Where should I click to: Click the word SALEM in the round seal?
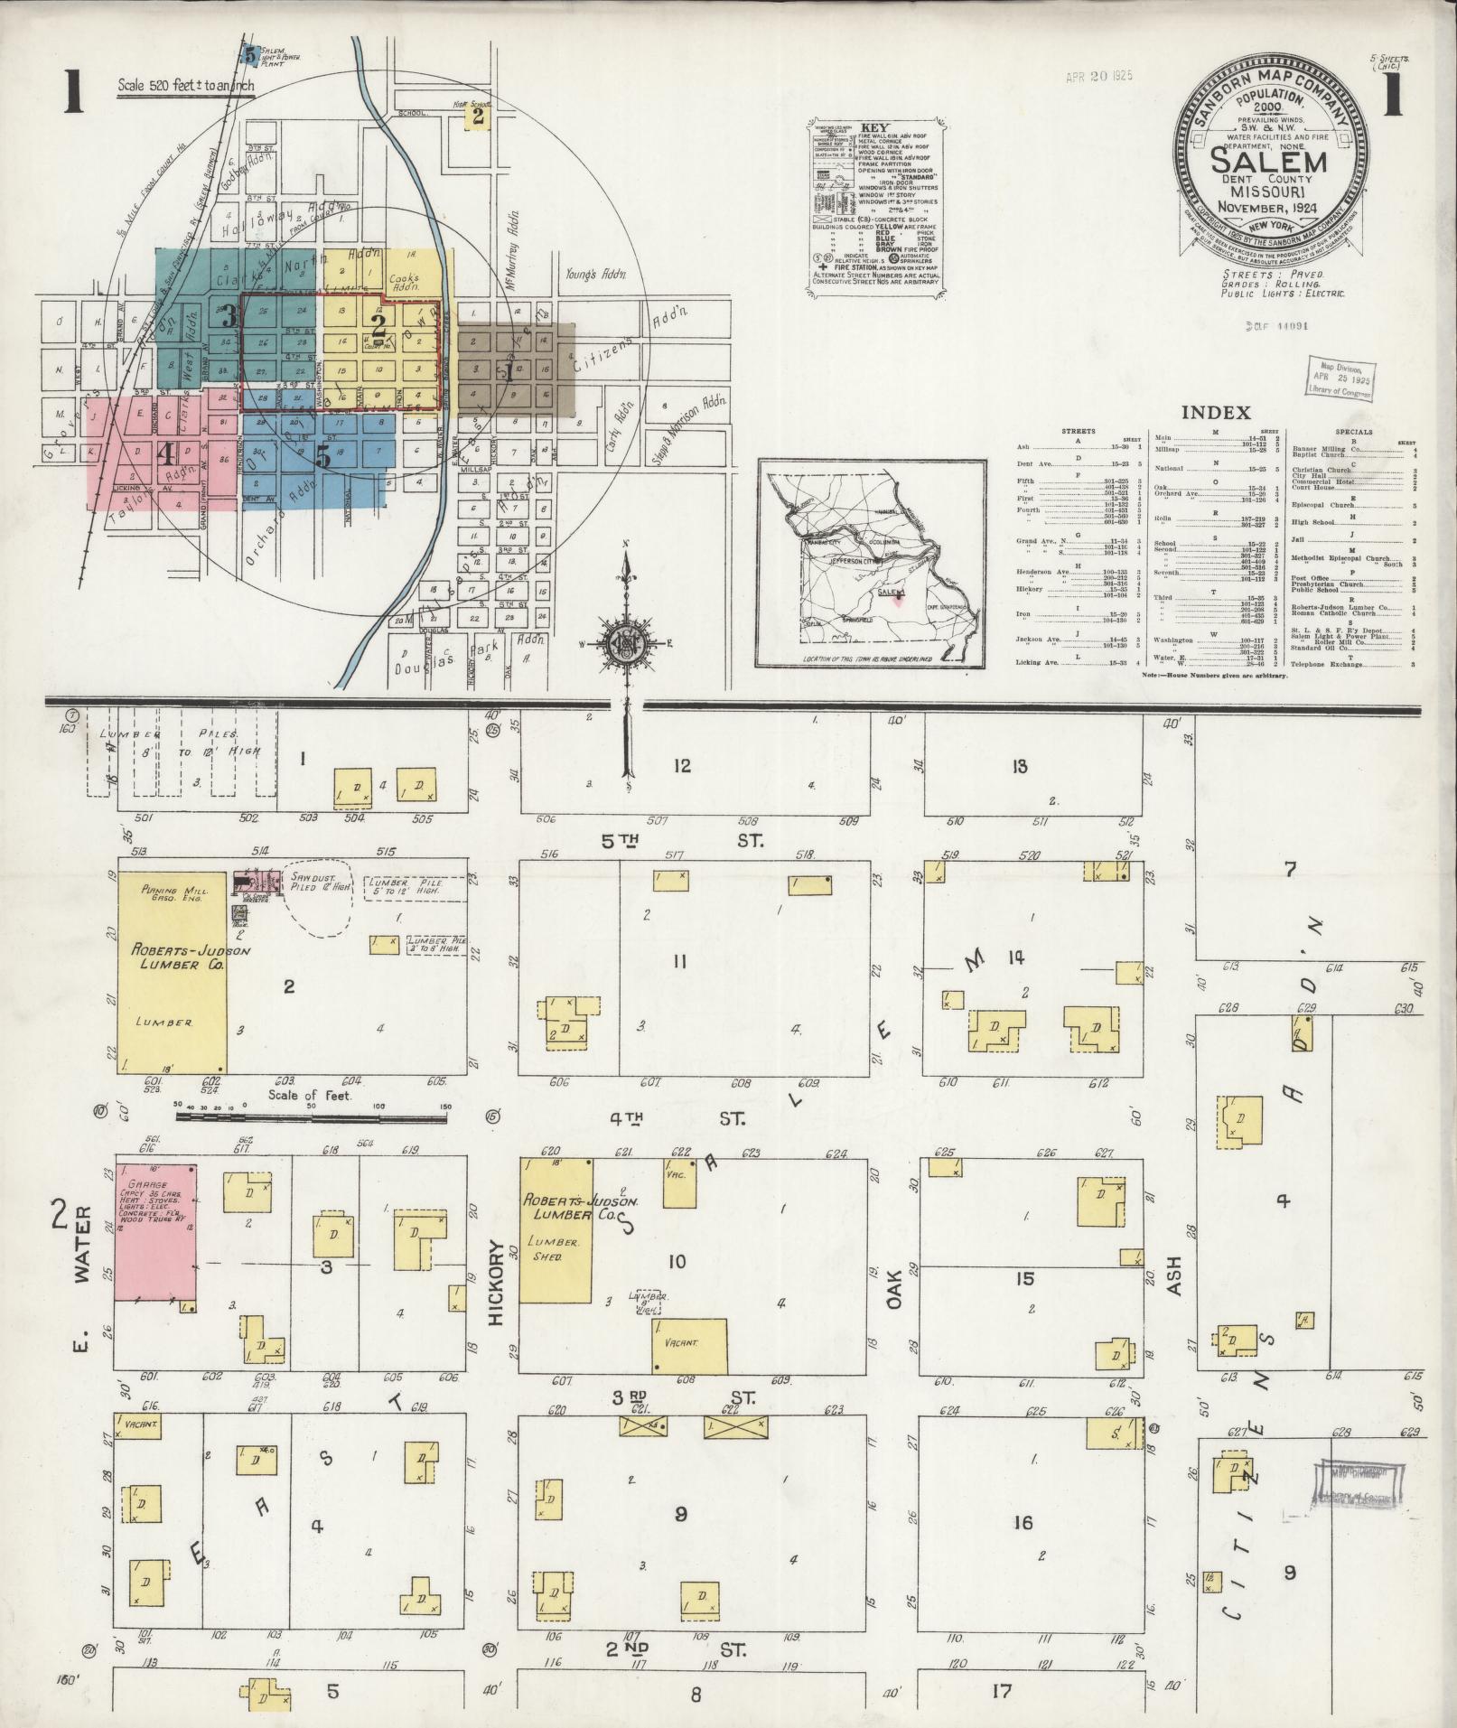[1268, 163]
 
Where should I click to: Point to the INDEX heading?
[1216, 413]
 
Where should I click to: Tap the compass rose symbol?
[627, 644]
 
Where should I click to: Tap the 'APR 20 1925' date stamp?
[1098, 77]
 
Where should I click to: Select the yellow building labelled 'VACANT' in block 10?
[690, 1343]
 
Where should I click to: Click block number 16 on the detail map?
[1022, 1523]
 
